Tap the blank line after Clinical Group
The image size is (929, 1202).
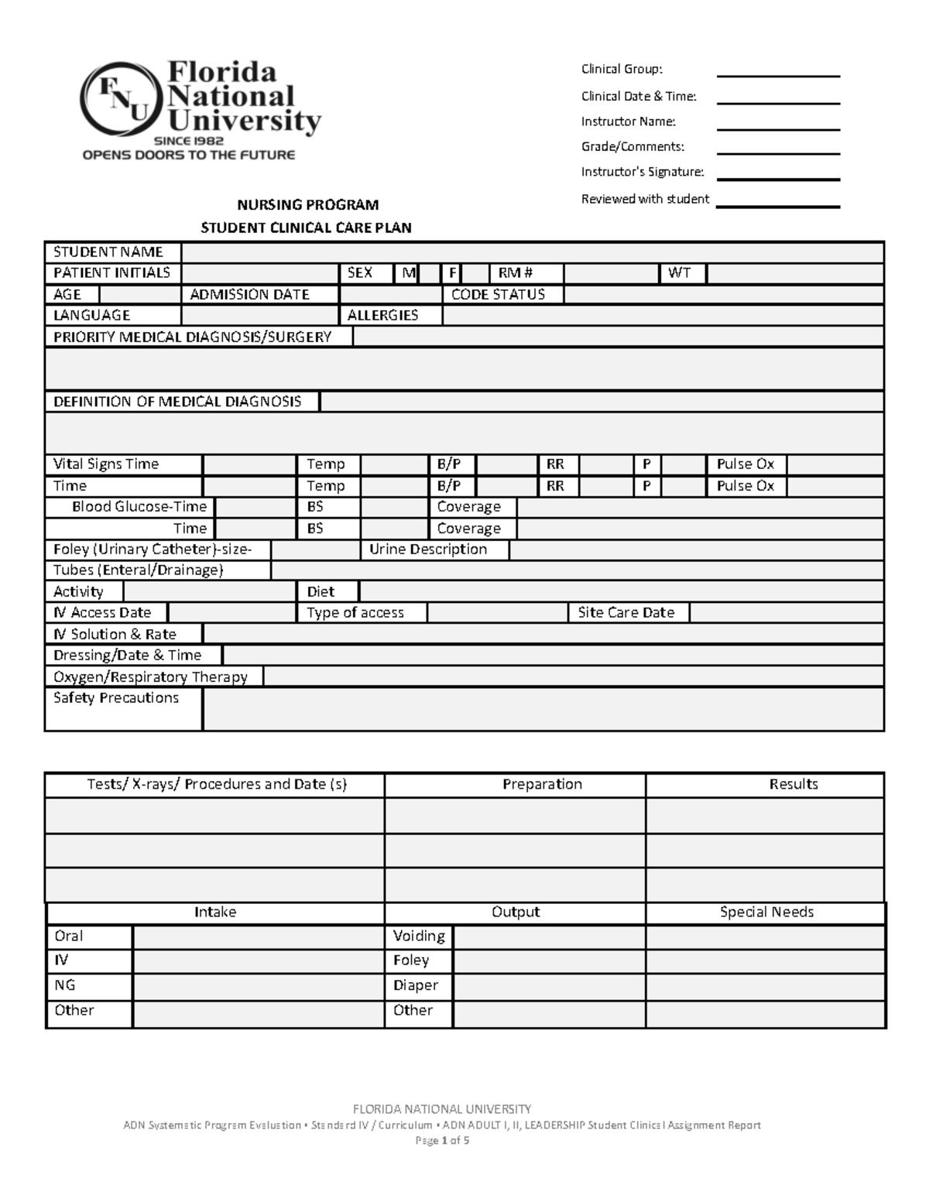[x=778, y=70]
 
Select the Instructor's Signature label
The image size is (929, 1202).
[x=643, y=172]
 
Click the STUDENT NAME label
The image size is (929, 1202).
[x=108, y=252]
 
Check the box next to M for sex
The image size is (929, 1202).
[x=430, y=273]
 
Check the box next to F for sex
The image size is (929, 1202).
[x=477, y=273]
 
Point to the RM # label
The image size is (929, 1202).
[x=516, y=273]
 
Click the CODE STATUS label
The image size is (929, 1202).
[x=498, y=294]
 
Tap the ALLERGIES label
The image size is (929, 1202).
[x=382, y=315]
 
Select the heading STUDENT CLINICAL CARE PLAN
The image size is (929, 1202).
[x=306, y=228]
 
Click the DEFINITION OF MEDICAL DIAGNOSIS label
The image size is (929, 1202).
[x=177, y=402]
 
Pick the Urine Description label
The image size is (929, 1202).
[x=428, y=550]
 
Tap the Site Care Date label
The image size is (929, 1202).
[x=626, y=613]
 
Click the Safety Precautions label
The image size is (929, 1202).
[x=116, y=698]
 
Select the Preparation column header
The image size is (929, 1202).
[x=542, y=784]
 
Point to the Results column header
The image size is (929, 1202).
[x=794, y=784]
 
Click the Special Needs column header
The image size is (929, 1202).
[x=766, y=913]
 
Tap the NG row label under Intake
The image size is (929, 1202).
[x=65, y=985]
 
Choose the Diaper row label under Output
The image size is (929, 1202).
[x=416, y=985]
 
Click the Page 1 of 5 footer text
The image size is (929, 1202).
[x=442, y=1141]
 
